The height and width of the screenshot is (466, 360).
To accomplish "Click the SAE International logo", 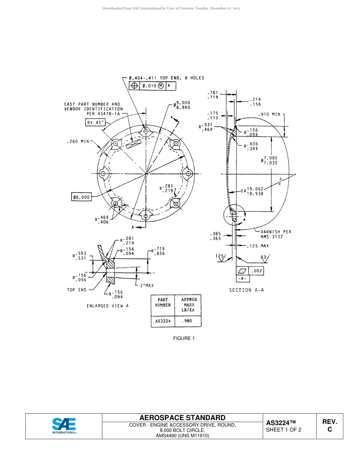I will (x=64, y=426).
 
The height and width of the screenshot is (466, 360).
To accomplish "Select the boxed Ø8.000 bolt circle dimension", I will (x=81, y=197).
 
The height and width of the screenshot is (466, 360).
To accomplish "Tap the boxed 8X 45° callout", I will (x=95, y=122).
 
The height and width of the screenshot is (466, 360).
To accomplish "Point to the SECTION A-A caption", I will (x=246, y=290).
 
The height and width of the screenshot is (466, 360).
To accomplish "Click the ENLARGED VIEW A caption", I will (x=108, y=306).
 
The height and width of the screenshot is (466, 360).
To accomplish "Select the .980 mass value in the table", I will (x=187, y=321).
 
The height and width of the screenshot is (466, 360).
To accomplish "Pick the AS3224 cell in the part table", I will (x=163, y=321).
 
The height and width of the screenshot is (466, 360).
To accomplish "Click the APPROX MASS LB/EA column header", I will (x=189, y=305).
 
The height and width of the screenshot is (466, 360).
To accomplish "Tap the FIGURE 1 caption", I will (x=184, y=338).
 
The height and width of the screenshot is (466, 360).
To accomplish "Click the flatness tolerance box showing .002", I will (x=250, y=271).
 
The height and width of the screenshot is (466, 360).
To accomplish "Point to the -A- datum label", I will (x=243, y=279).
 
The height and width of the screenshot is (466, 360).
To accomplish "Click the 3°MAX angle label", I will (x=147, y=285).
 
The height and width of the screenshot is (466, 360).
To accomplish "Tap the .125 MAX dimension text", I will (x=258, y=246).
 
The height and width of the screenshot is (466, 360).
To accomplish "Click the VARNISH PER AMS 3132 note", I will (x=276, y=234).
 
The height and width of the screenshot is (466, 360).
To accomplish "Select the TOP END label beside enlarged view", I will (x=77, y=290).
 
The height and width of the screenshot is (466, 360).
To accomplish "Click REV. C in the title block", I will (x=329, y=425).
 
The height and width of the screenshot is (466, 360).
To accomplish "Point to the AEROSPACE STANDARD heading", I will (x=182, y=418).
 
